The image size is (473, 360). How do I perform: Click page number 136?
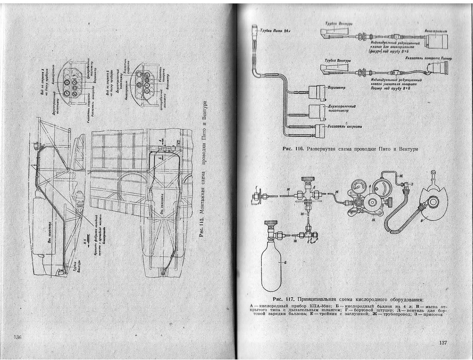[17, 337]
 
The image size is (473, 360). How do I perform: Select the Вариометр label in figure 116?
[336, 88]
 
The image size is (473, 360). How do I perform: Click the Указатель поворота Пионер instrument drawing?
[439, 68]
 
